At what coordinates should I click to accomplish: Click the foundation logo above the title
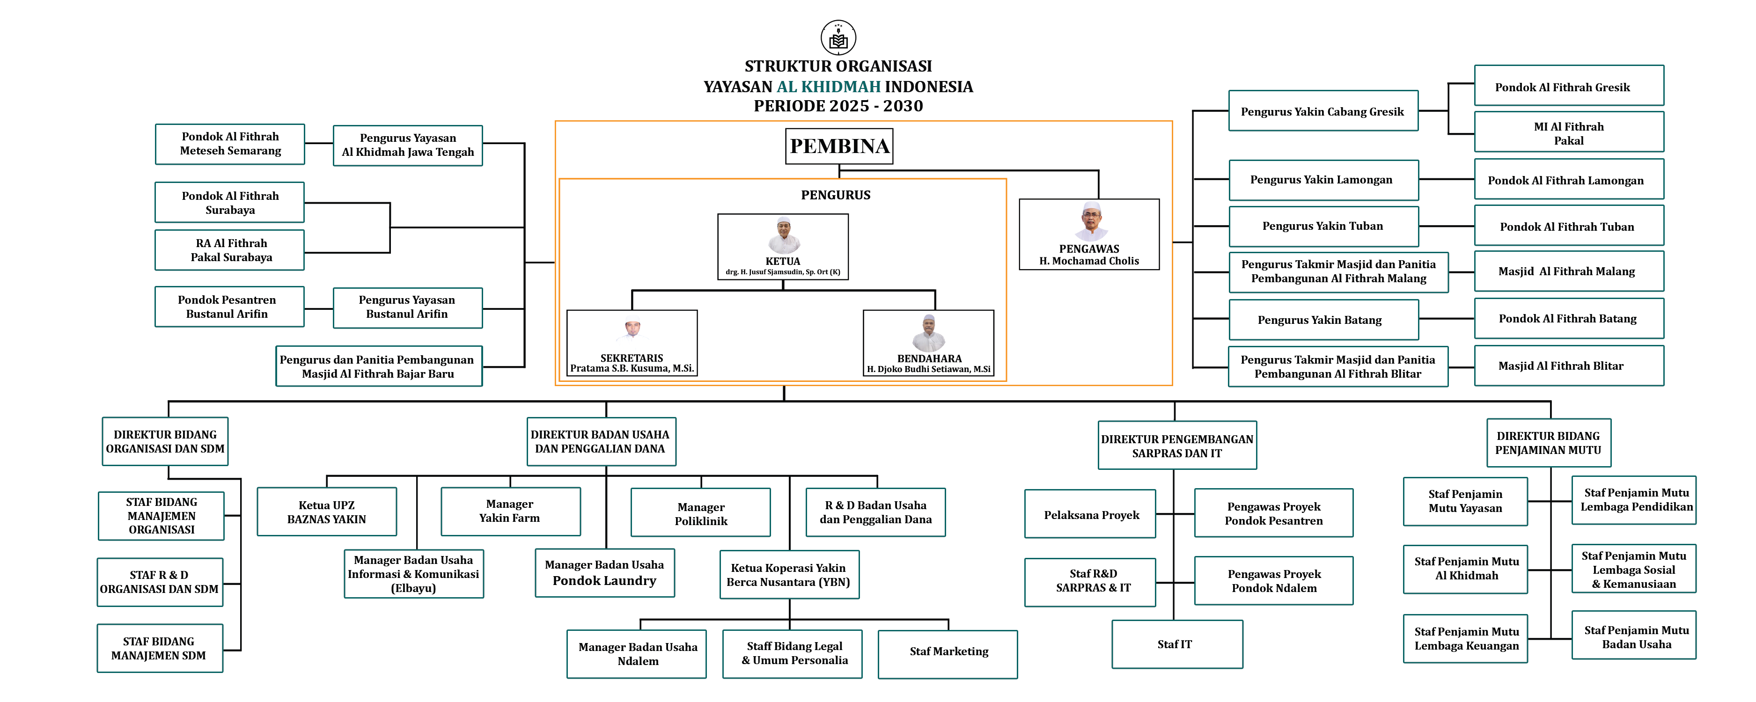point(838,37)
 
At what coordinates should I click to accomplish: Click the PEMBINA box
point(839,146)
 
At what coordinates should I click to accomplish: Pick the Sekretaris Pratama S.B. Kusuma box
point(632,343)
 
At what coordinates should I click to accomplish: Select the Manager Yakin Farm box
point(510,511)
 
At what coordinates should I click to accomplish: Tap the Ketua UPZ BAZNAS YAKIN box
point(326,512)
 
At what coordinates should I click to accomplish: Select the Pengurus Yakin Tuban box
point(1323,226)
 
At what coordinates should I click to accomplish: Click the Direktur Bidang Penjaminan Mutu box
point(1548,443)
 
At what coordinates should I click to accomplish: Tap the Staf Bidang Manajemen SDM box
point(160,648)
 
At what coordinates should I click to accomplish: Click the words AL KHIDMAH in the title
point(828,87)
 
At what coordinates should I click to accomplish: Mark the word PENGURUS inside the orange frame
point(835,195)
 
